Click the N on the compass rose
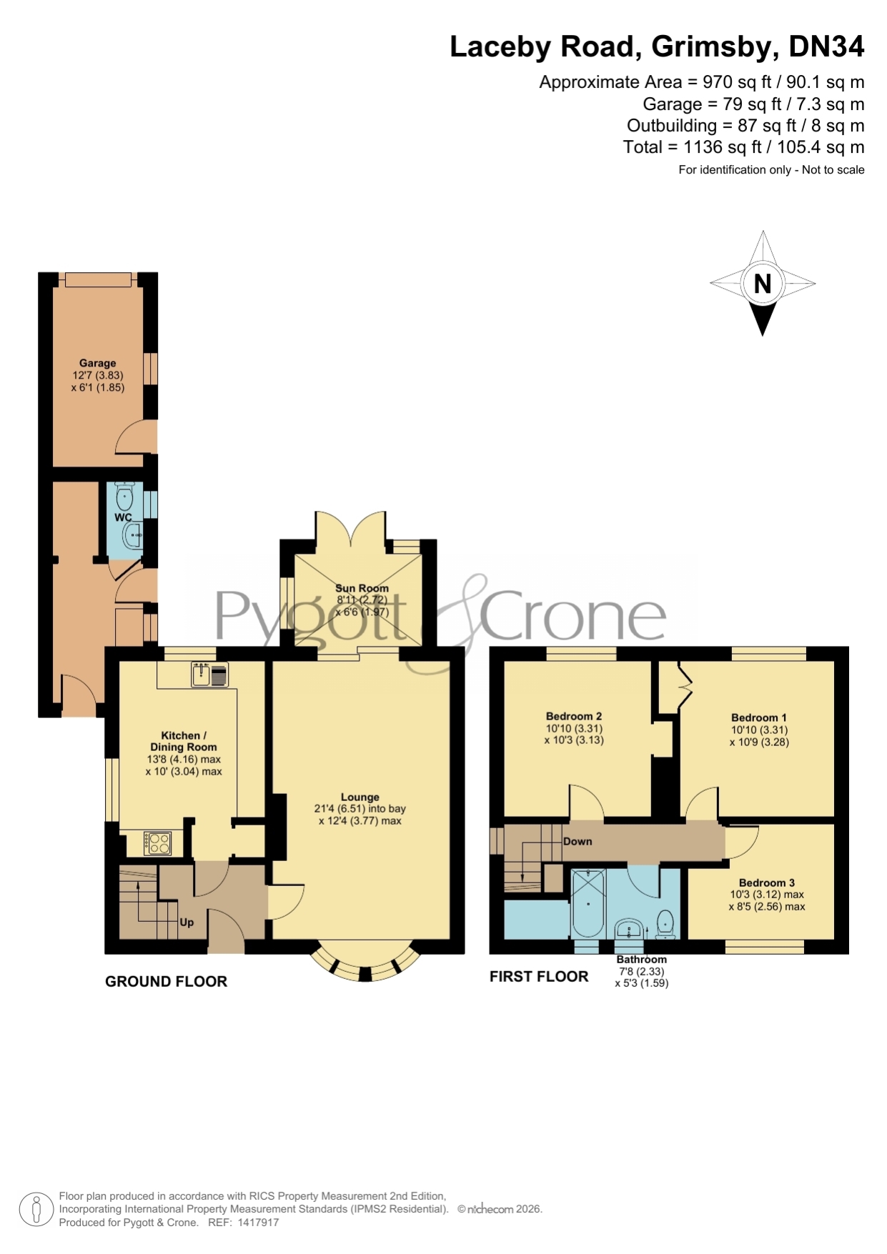tap(763, 284)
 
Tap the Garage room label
tap(98, 363)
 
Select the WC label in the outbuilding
tap(123, 517)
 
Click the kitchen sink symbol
tap(209, 675)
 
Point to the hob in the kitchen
tap(157, 843)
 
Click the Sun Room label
tap(362, 588)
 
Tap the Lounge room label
tap(360, 797)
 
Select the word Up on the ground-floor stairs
tap(187, 922)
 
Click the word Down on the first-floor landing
tap(578, 842)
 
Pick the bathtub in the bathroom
tap(589, 903)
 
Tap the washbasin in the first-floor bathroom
tap(630, 929)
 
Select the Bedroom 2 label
tap(574, 716)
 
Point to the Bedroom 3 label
tap(767, 882)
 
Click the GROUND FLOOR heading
tap(166, 982)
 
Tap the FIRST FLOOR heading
tap(539, 977)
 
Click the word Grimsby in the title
tap(715, 48)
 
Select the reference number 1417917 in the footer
tap(258, 1223)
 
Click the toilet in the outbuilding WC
tap(124, 496)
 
